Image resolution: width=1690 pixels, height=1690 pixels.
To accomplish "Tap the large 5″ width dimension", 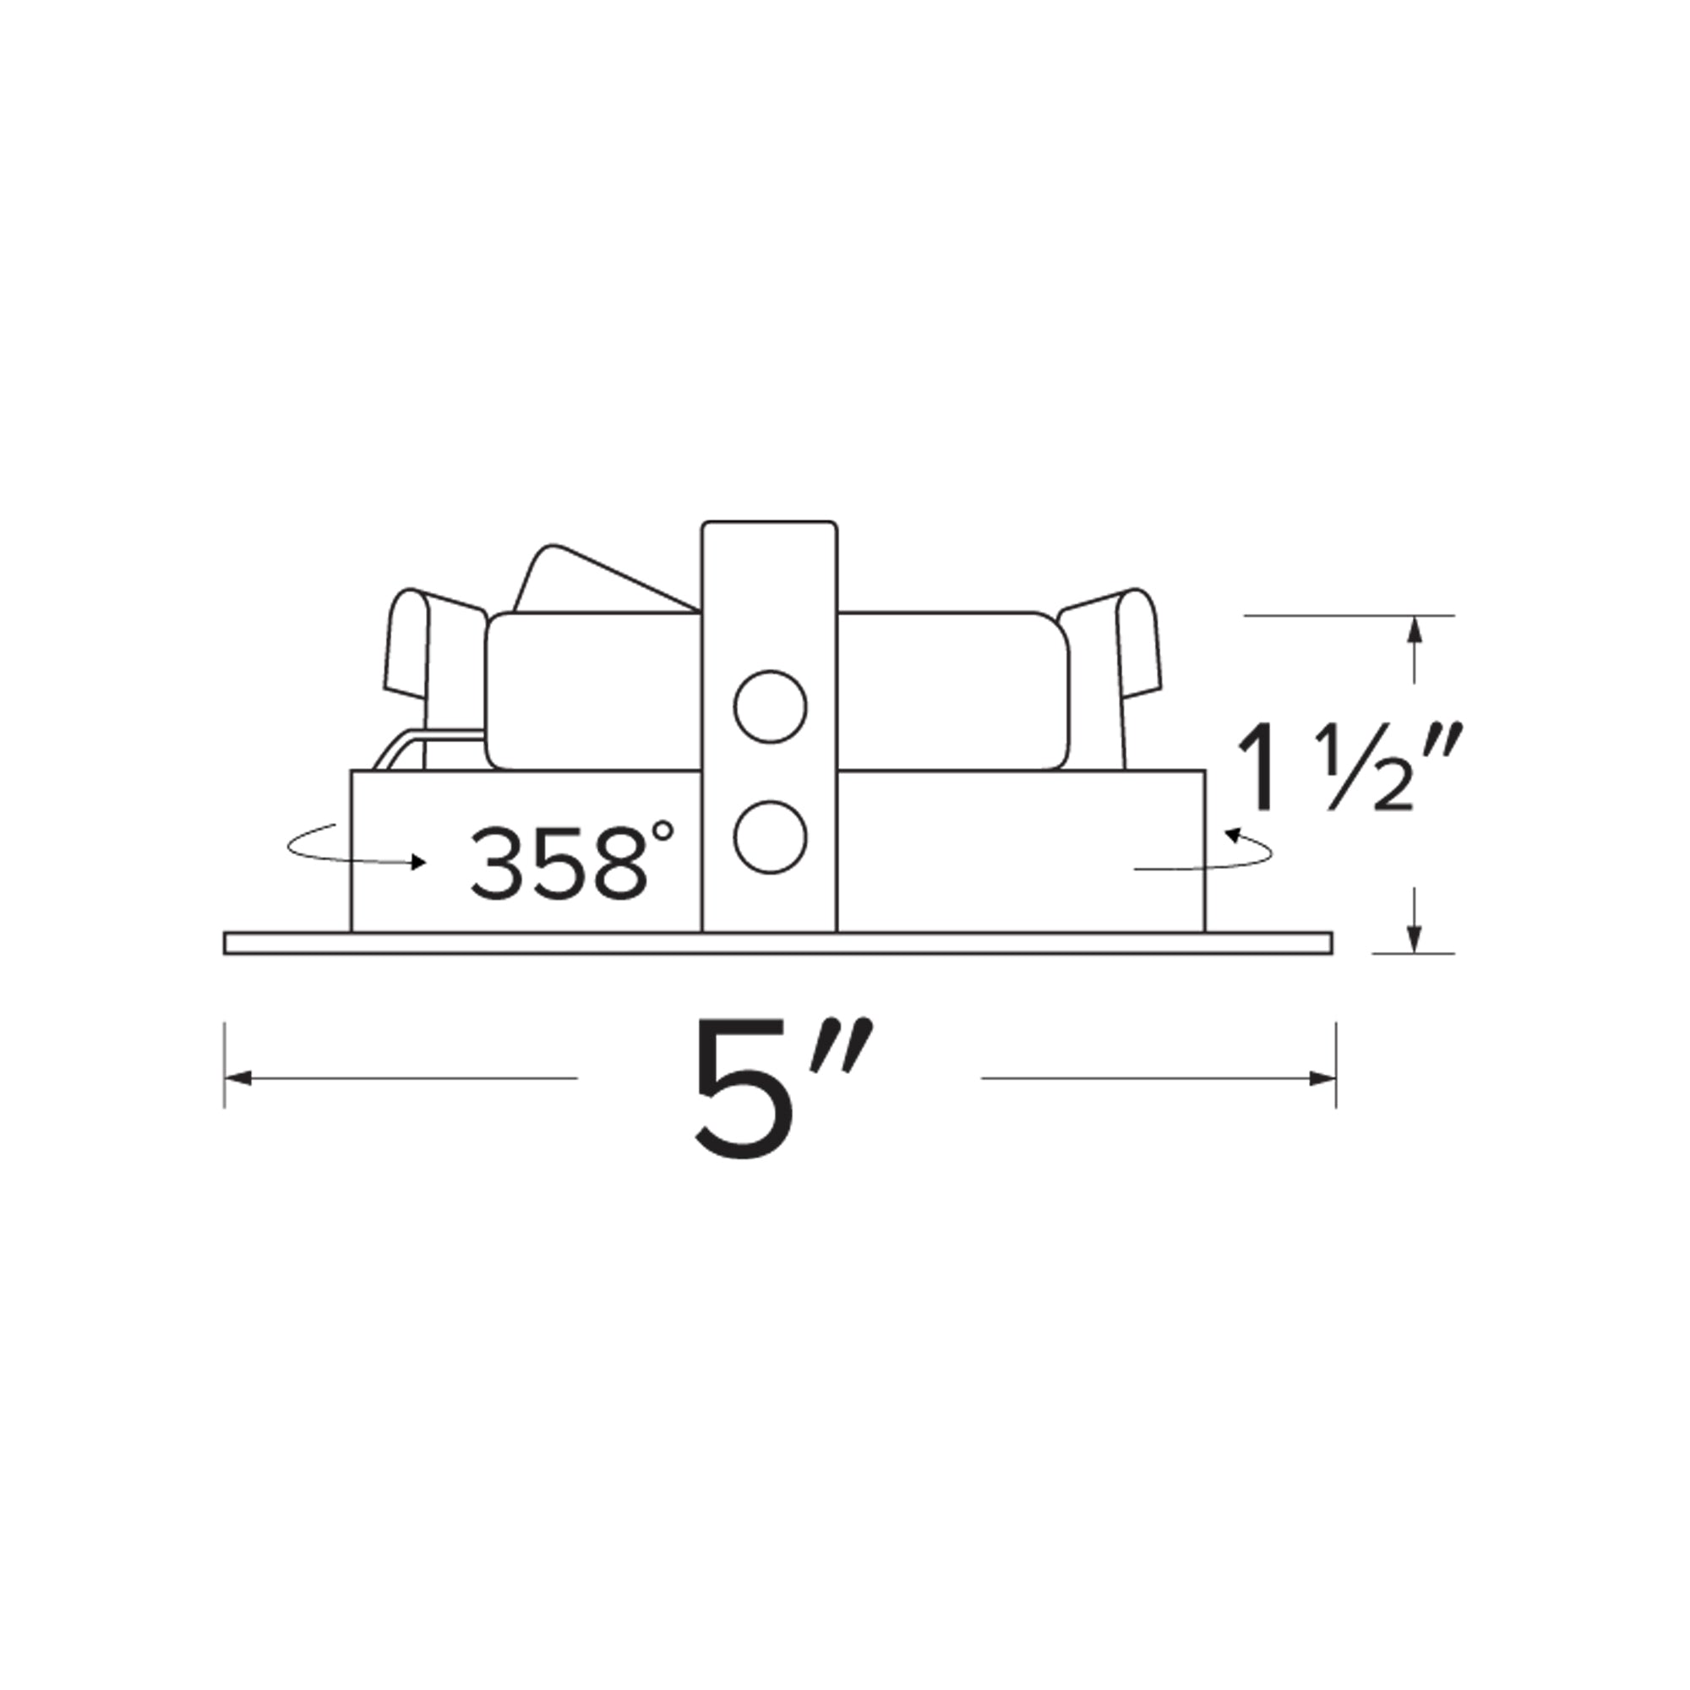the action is point(784,1088).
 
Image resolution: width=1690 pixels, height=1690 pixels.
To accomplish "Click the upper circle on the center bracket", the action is point(770,706).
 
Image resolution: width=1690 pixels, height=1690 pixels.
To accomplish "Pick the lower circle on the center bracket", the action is point(770,837).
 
